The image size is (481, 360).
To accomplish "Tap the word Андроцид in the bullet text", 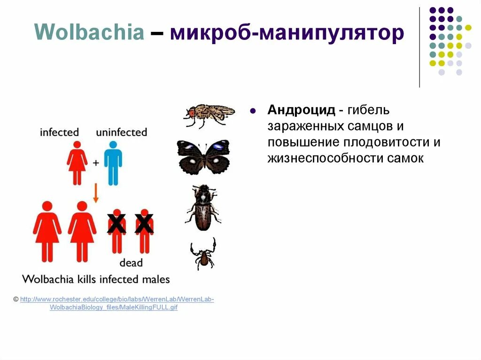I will point(301,110).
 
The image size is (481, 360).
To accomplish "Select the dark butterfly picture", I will point(203,157).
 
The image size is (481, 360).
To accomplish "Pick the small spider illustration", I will point(203,253).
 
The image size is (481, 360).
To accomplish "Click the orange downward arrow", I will point(96,192).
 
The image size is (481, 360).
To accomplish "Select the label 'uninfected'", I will point(121,132).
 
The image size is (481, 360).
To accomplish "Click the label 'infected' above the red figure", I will point(59,132).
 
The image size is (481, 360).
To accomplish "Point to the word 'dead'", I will point(131,263).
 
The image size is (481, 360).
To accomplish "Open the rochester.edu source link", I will point(117,303).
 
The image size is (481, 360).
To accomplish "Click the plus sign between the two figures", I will point(96,163).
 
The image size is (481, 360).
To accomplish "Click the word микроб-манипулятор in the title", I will point(287,33).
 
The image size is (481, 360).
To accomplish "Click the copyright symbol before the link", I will point(16,299).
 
